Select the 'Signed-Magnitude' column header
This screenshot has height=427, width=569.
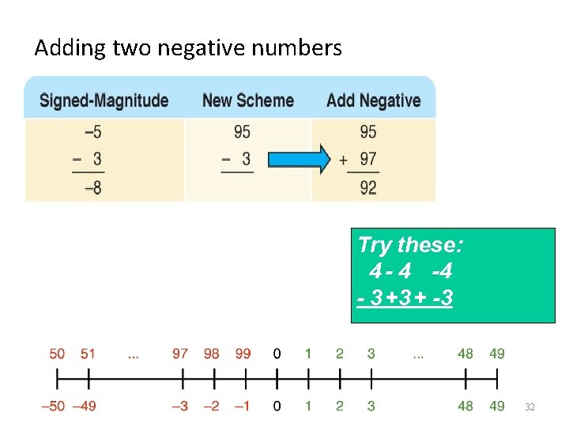click(x=104, y=100)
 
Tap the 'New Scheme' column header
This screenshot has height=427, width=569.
click(x=248, y=100)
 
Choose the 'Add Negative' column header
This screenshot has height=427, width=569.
click(x=373, y=100)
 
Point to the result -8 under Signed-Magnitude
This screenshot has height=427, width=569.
click(x=92, y=188)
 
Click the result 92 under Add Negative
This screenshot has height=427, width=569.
click(x=368, y=188)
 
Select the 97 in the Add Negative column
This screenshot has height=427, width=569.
click(x=368, y=159)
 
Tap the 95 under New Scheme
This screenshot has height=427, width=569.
click(x=243, y=131)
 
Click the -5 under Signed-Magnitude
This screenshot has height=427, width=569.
click(x=92, y=131)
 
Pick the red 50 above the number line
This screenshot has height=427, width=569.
click(x=58, y=353)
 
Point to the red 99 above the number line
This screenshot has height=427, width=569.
click(x=243, y=353)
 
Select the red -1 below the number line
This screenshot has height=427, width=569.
click(x=241, y=406)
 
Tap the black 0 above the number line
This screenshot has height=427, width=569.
click(x=277, y=353)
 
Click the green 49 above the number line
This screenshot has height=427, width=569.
click(x=496, y=353)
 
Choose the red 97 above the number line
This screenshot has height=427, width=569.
click(x=180, y=353)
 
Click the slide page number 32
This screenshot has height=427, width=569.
click(x=530, y=406)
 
